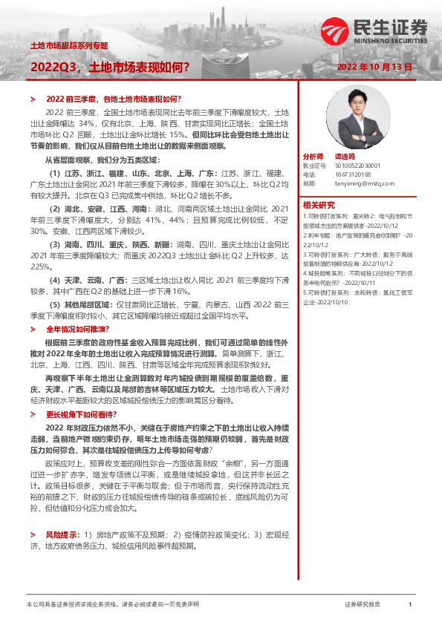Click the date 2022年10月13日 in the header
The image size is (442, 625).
pyautogui.click(x=380, y=67)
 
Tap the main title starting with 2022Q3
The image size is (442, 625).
pyautogui.click(x=109, y=67)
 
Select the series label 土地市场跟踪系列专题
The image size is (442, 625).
pyautogui.click(x=68, y=45)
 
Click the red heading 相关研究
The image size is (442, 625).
pyautogui.click(x=318, y=204)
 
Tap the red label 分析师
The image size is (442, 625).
pyautogui.click(x=313, y=157)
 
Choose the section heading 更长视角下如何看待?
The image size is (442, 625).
pyautogui.click(x=81, y=413)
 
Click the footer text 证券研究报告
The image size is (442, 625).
pyautogui.click(x=362, y=605)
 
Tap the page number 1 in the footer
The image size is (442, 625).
pyautogui.click(x=409, y=605)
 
